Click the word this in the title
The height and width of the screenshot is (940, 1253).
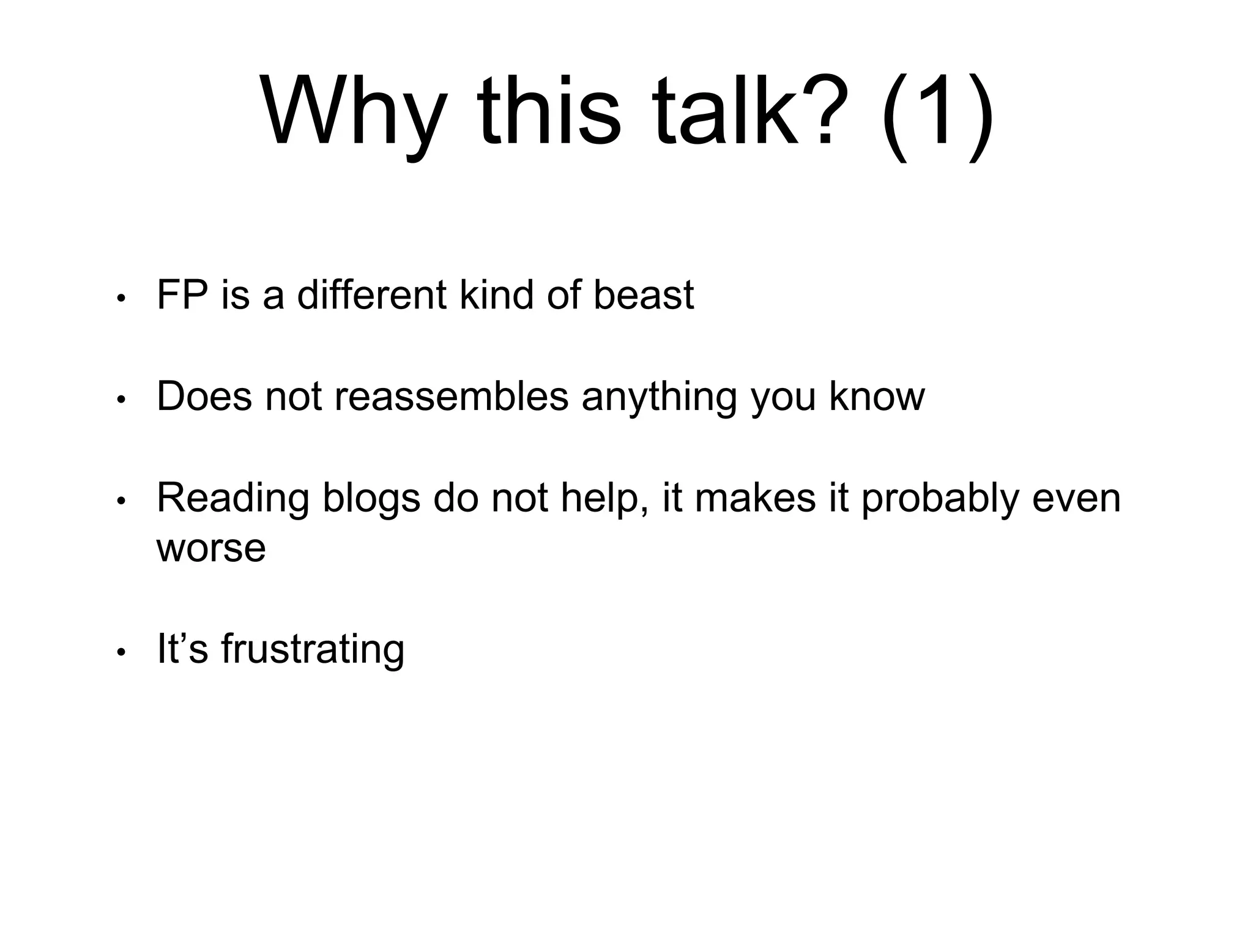click(x=549, y=113)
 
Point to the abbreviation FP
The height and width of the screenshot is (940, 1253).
click(x=182, y=295)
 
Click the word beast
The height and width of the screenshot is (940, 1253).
click(x=644, y=295)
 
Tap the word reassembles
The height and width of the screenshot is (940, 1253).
click(x=452, y=397)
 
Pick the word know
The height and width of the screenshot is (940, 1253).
click(x=876, y=397)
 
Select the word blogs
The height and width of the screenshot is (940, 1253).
click(x=371, y=499)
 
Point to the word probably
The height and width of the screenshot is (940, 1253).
click(x=940, y=499)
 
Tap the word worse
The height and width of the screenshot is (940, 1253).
click(x=211, y=548)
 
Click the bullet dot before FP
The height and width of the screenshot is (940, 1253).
click(x=121, y=299)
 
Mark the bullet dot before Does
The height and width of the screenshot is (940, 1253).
click(x=121, y=400)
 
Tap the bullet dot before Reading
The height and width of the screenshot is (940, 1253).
click(x=121, y=502)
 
